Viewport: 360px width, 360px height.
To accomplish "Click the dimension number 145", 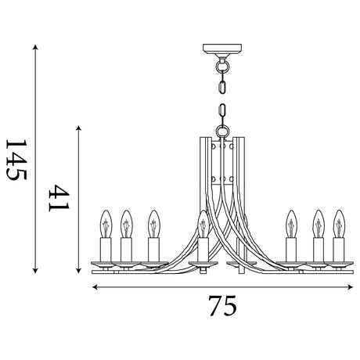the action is pyautogui.click(x=16, y=160).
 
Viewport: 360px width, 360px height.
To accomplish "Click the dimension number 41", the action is pyautogui.click(x=59, y=198).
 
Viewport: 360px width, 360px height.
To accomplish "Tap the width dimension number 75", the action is pyautogui.click(x=222, y=305).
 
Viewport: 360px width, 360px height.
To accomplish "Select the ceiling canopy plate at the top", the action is pyautogui.click(x=222, y=49).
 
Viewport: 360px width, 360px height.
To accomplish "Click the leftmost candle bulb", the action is pyautogui.click(x=106, y=224).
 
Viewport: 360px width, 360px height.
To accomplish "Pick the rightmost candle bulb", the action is pyautogui.click(x=339, y=224).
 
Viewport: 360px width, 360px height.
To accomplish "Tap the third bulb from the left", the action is pyautogui.click(x=153, y=224).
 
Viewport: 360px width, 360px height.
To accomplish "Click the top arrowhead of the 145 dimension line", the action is pyautogui.click(x=35, y=47).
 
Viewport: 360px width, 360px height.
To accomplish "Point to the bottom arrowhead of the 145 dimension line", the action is pyautogui.click(x=35, y=270).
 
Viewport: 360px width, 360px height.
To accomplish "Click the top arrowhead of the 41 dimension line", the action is pyautogui.click(x=78, y=128).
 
